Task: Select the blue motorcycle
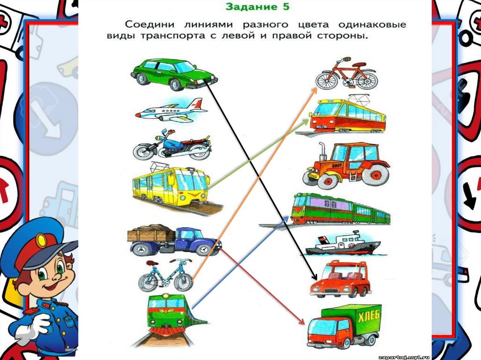pos(171,146)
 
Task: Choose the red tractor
pos(347,164)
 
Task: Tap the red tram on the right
pos(348,115)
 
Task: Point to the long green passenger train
pos(340,209)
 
